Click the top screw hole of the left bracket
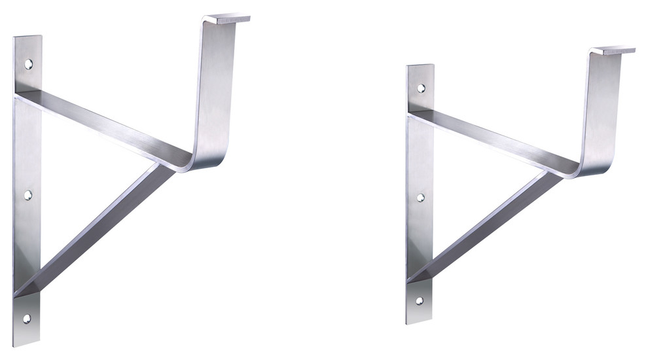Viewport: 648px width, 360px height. pyautogui.click(x=28, y=64)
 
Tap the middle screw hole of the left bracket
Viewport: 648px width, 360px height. pyautogui.click(x=28, y=194)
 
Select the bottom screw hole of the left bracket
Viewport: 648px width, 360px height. pyautogui.click(x=27, y=319)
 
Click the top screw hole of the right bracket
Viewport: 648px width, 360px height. pyautogui.click(x=421, y=88)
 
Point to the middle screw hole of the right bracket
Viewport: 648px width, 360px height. pyautogui.click(x=420, y=196)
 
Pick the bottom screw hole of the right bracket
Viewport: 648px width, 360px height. pyautogui.click(x=419, y=301)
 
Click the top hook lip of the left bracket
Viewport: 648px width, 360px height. pyautogui.click(x=228, y=19)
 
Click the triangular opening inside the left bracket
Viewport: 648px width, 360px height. pyautogui.click(x=72, y=177)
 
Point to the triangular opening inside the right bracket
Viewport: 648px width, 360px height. pyautogui.click(x=461, y=187)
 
